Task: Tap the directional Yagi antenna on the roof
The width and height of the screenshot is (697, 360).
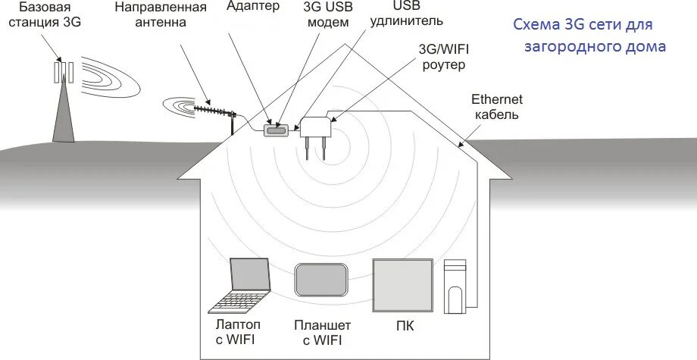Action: (216, 112)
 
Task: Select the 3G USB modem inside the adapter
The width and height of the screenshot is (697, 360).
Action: (276, 130)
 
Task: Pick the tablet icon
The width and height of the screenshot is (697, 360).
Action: (321, 280)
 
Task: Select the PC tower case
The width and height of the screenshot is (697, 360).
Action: (455, 286)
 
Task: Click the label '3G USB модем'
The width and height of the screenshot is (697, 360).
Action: (328, 15)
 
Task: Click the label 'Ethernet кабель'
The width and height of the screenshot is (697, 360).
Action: (496, 107)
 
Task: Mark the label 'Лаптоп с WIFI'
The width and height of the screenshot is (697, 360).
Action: (236, 332)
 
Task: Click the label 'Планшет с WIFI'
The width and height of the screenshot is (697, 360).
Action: (321, 333)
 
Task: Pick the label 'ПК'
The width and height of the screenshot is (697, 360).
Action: (405, 326)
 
